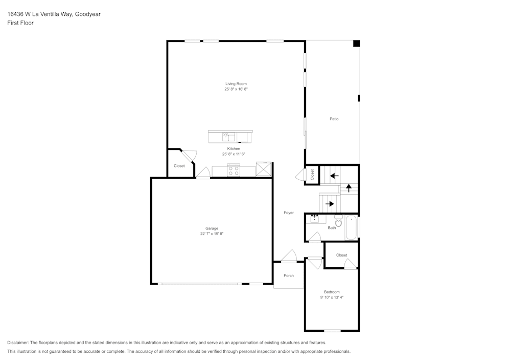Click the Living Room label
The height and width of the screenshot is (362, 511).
point(236,83)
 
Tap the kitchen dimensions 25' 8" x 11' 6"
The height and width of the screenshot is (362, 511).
point(234,154)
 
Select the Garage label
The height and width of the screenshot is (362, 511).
point(212,228)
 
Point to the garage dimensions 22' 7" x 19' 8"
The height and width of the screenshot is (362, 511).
point(212,234)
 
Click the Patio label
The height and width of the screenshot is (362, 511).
point(334,119)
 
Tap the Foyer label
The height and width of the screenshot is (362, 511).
point(289,212)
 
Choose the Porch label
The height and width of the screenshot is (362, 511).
point(289,275)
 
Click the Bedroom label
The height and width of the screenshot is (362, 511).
point(332,292)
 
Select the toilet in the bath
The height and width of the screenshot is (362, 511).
point(338,220)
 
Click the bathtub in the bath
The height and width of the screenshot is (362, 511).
point(352,227)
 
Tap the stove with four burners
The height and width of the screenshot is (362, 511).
point(234,171)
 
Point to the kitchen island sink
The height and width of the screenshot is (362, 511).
point(228,136)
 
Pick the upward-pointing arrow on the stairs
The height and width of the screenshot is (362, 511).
point(349,187)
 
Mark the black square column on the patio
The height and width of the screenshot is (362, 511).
point(357,44)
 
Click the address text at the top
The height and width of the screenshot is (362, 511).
point(54,14)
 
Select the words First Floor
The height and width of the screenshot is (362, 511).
point(20,23)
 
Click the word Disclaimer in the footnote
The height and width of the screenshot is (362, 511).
point(18,343)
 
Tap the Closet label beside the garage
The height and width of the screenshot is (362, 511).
point(179,166)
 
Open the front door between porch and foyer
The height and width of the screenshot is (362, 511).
point(289,257)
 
